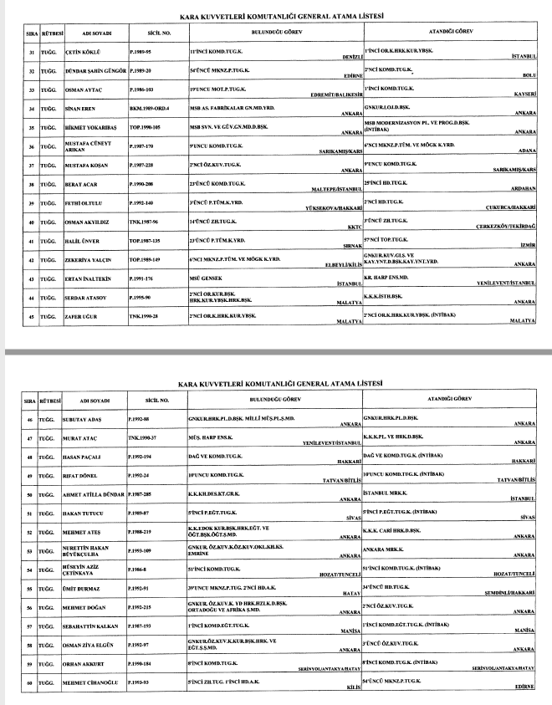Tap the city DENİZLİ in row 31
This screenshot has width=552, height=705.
tap(350, 58)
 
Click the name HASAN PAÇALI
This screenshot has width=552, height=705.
tap(84, 457)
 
